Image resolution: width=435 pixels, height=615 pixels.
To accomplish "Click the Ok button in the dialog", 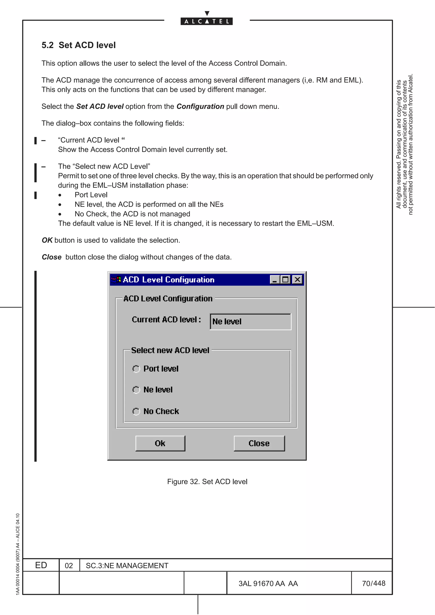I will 160,443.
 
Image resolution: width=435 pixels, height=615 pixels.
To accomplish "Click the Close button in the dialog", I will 259,443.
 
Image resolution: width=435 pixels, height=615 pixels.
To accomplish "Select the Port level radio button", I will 136,369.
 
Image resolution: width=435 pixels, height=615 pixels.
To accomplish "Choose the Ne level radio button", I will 136,390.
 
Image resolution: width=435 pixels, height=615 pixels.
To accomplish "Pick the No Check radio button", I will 136,411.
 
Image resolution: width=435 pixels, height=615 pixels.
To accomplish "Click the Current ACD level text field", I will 250,322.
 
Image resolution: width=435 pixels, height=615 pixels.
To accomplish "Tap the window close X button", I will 297,280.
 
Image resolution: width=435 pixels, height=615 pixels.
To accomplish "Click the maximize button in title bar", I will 285,280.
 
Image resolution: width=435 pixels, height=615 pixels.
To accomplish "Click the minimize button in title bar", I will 274,280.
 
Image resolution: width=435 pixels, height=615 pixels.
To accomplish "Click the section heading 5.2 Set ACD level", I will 79,45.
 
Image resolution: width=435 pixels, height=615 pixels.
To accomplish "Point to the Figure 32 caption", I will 207,482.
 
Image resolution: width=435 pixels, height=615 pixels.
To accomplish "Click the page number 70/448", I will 373,583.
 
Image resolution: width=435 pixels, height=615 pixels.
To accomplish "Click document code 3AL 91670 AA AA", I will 268,583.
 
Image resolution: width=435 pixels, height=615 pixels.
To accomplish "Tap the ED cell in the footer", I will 41,565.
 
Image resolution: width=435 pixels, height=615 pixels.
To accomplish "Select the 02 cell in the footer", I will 69,565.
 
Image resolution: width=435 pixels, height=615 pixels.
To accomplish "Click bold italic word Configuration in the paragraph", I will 200,106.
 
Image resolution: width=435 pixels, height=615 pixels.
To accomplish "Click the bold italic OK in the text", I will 47,240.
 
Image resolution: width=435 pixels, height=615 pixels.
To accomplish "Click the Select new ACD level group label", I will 170,350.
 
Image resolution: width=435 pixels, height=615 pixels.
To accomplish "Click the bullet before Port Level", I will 60,195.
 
